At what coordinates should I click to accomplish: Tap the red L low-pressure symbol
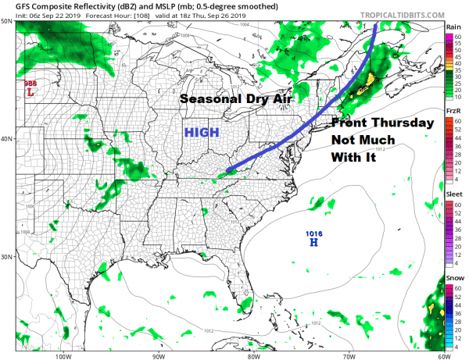click(30, 92)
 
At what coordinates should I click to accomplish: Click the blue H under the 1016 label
click(313, 243)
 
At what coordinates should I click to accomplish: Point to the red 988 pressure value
click(30, 83)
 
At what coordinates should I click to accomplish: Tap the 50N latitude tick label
click(8, 21)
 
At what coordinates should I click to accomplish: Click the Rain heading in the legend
click(453, 27)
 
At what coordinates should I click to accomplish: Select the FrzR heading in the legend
click(453, 111)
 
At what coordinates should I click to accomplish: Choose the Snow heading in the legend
click(453, 277)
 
